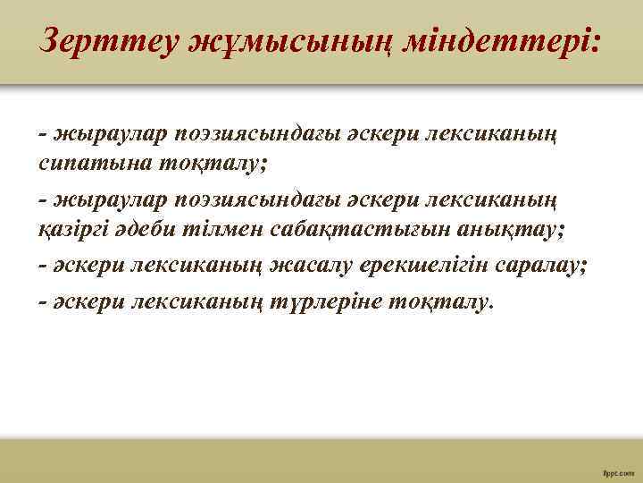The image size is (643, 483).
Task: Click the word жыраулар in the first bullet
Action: [x=98, y=132]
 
